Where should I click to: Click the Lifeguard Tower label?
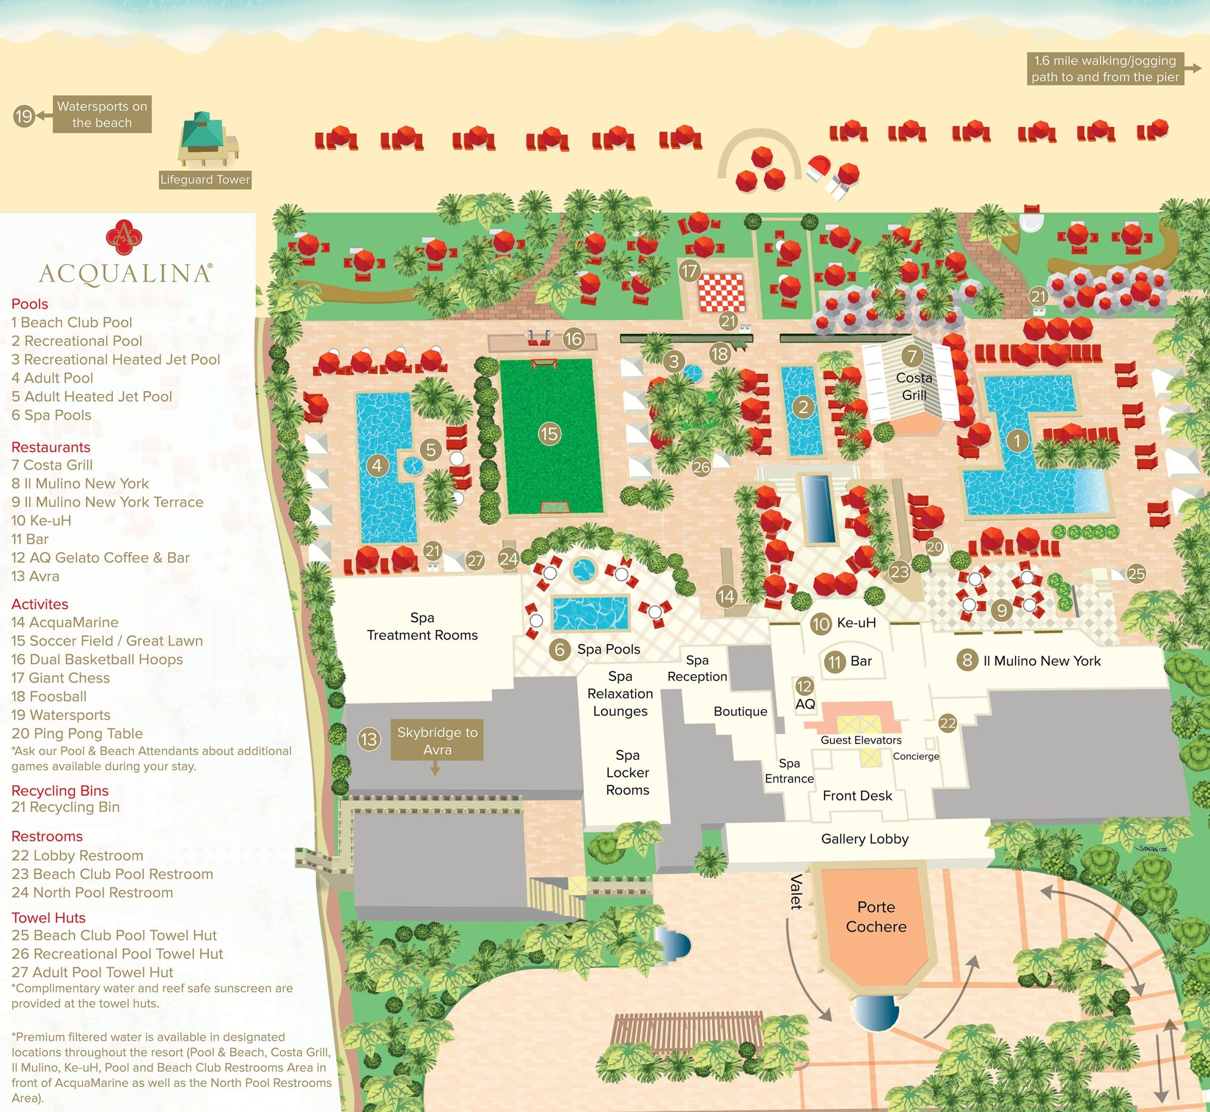coord(205,179)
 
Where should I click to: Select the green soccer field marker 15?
coord(549,434)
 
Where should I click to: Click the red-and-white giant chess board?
coord(720,293)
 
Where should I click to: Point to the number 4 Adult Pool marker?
coord(377,465)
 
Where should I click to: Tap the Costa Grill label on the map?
coord(914,386)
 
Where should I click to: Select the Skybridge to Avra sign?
coord(437,740)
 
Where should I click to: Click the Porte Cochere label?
coord(876,916)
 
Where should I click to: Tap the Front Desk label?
coord(857,795)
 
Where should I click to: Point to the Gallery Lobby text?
coord(864,839)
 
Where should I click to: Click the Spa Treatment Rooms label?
coord(423,626)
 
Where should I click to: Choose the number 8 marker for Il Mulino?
coord(967,660)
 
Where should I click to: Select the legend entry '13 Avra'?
coord(35,576)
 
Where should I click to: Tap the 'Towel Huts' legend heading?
coord(49,918)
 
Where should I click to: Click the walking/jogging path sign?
coord(1105,69)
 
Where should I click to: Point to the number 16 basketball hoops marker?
coord(573,339)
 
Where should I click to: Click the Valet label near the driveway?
coord(796,891)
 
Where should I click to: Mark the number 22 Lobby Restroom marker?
coord(948,723)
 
